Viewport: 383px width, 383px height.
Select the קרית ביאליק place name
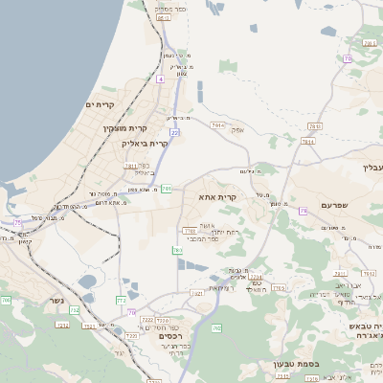pos(145,144)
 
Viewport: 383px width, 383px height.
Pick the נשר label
pos(54,300)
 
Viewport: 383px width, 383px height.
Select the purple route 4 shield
pos(161,79)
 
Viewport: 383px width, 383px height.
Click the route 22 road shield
pos(174,132)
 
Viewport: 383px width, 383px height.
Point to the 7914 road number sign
pos(218,124)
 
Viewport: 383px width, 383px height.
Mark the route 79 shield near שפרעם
pos(303,210)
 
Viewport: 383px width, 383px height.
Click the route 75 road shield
pos(18,222)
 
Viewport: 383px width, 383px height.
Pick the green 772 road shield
pos(122,300)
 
